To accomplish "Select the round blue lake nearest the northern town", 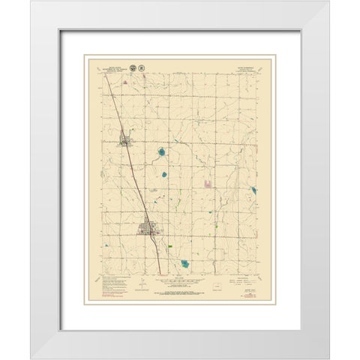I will [x=161, y=154].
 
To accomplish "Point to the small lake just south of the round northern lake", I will [x=164, y=174].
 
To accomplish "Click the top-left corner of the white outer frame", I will [x=32, y=2].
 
